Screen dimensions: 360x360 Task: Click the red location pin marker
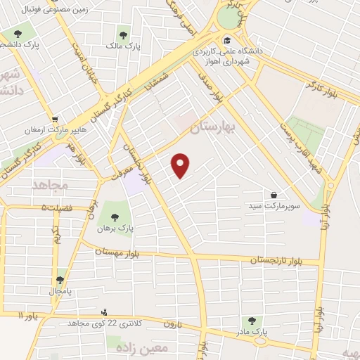coord(181,165)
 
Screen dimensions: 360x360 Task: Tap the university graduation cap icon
coord(228,40)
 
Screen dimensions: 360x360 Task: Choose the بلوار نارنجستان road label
coord(279,260)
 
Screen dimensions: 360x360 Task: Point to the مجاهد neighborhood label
coord(49,184)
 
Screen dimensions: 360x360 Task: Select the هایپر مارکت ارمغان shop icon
coord(56,118)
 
